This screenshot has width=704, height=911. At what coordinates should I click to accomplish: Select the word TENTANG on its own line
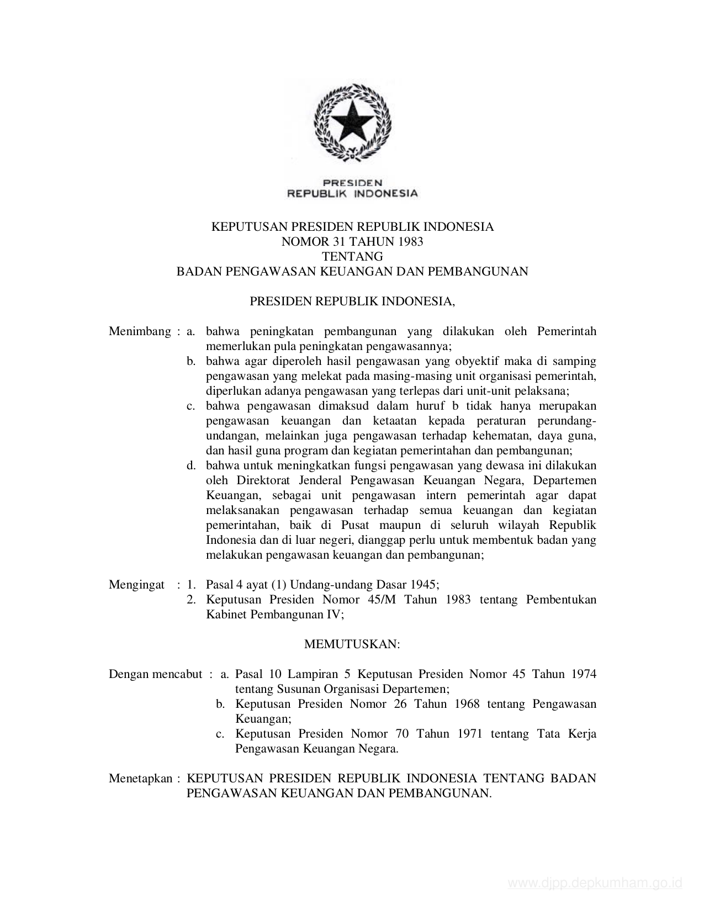tap(352, 256)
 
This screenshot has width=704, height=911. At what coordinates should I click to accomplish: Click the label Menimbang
tap(140, 331)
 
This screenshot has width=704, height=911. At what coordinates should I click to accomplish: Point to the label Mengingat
tap(136, 585)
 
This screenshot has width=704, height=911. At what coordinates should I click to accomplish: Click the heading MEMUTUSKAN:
tap(352, 644)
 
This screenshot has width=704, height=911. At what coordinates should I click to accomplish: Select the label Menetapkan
tap(140, 778)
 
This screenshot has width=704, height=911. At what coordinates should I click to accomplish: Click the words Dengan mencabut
tap(155, 674)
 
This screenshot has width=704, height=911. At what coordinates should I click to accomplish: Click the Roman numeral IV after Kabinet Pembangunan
tap(336, 615)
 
